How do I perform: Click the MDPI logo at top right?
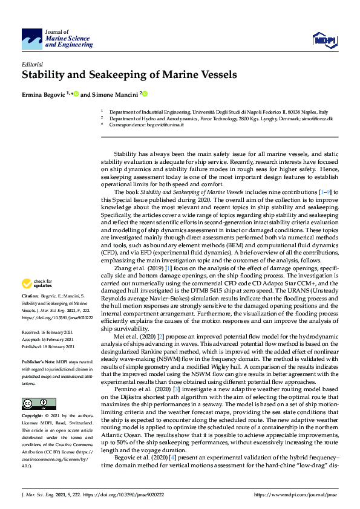coord(323,41)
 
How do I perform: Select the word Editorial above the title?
coord(33,63)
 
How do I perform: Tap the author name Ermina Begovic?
coord(45,94)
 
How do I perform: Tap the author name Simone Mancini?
coord(115,94)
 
